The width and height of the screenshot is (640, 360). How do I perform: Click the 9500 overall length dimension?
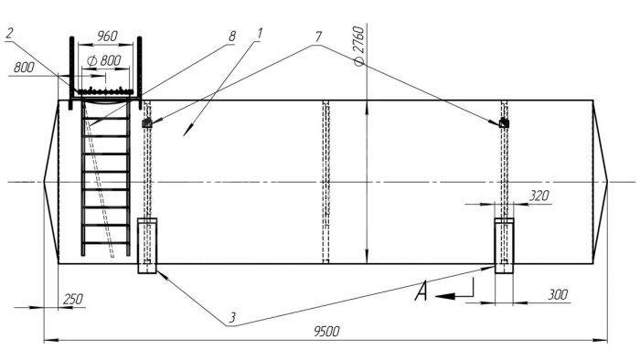pos(326,331)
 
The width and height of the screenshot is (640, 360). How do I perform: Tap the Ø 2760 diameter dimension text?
pos(359,46)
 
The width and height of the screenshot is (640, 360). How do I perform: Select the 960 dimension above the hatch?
pos(107,36)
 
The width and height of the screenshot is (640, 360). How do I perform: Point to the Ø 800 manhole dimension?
pos(104,60)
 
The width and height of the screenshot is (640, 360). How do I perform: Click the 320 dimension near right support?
pos(539,196)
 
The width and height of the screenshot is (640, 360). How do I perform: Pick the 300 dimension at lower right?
pos(558,294)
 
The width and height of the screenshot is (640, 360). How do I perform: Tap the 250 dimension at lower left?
pos(73,300)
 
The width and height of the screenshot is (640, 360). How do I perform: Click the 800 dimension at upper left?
pos(24,67)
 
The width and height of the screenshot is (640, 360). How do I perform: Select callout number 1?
pos(259,34)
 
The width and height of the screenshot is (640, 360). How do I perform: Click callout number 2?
pos(10,33)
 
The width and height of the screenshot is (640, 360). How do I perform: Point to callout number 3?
pos(231,318)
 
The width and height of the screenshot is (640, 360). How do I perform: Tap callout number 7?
pos(318,37)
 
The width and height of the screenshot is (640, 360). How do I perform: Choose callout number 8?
pos(232,37)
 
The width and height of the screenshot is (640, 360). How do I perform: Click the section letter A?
pos(421,291)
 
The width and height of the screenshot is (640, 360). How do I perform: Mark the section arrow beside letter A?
pos(454,291)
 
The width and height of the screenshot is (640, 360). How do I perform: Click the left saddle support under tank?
pos(147,246)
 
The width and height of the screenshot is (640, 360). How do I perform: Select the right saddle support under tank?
pos(504,246)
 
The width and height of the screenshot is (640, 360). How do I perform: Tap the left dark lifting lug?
pos(147,122)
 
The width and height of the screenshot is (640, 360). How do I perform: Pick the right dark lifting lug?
pos(504,122)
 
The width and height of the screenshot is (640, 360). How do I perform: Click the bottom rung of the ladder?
pos(106,243)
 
